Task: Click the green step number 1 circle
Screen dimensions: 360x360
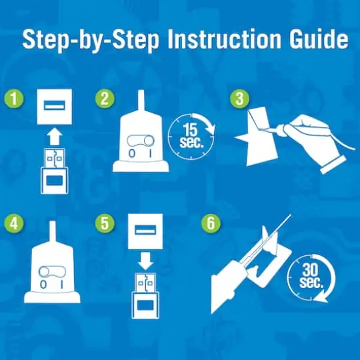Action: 14,99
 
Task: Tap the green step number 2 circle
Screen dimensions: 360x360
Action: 105,99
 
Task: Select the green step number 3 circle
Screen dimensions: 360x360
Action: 240,99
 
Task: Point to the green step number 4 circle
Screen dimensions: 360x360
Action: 14,223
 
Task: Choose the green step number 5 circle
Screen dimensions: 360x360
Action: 105,223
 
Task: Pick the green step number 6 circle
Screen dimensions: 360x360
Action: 211,223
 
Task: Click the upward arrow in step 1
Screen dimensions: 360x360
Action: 54,137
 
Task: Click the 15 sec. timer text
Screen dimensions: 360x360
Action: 191,136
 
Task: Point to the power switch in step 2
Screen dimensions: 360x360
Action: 141,141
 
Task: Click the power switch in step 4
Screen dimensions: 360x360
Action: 52,272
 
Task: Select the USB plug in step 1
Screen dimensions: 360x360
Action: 54,171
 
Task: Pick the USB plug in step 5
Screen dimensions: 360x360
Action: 145,296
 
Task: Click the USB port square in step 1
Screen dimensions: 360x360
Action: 54,107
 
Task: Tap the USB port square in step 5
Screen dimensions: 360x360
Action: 145,231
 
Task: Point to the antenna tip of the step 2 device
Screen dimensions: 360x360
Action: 141,90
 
